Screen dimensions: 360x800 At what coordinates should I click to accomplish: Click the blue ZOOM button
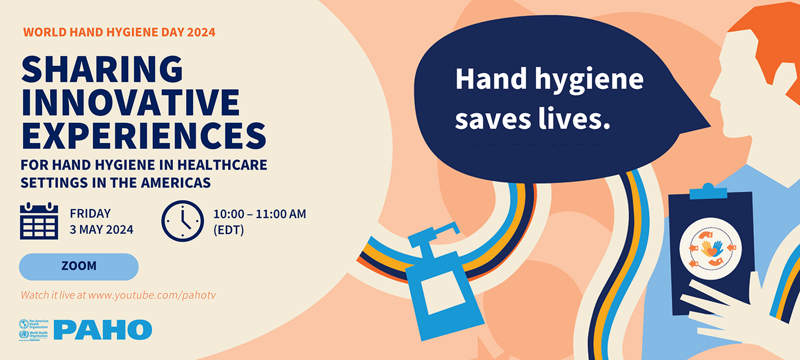(79, 266)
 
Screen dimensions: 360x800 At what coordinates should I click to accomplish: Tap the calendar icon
(39, 220)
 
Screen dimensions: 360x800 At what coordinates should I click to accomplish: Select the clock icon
(183, 221)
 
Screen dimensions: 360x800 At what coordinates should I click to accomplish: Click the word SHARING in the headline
(102, 70)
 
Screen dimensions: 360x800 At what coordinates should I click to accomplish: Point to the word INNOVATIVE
(130, 103)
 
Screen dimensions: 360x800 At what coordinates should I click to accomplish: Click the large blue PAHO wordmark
(103, 330)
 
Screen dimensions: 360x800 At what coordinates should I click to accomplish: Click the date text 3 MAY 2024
(101, 229)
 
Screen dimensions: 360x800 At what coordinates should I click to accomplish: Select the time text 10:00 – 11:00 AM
(259, 214)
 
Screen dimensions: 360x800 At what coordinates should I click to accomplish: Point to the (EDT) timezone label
(228, 230)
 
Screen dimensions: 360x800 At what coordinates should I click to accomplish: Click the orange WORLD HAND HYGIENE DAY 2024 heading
(119, 32)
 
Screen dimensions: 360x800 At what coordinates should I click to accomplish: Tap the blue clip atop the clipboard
(709, 192)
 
